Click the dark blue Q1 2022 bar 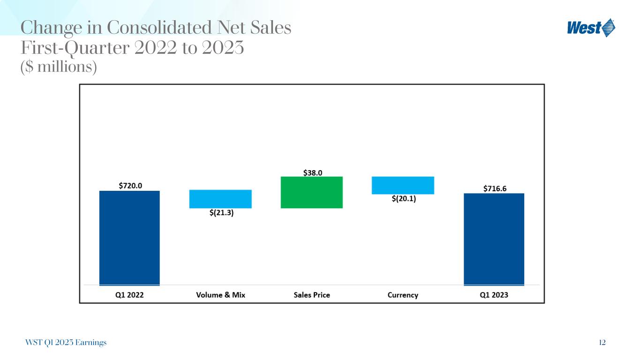(x=129, y=238)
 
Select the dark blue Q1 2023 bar (x=494, y=239)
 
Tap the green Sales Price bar (x=312, y=192)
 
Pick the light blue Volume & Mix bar (x=220, y=199)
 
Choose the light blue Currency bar (x=403, y=185)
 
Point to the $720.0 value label (x=130, y=185)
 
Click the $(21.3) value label (x=221, y=213)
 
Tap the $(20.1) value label (x=404, y=199)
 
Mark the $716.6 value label (x=495, y=188)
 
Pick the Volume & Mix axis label (x=220, y=295)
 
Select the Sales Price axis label (x=312, y=295)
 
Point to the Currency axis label (x=403, y=295)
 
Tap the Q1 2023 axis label (x=494, y=295)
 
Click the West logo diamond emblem (x=609, y=28)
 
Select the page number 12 (x=602, y=343)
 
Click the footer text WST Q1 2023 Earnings (x=66, y=343)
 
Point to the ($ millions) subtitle (x=59, y=67)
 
